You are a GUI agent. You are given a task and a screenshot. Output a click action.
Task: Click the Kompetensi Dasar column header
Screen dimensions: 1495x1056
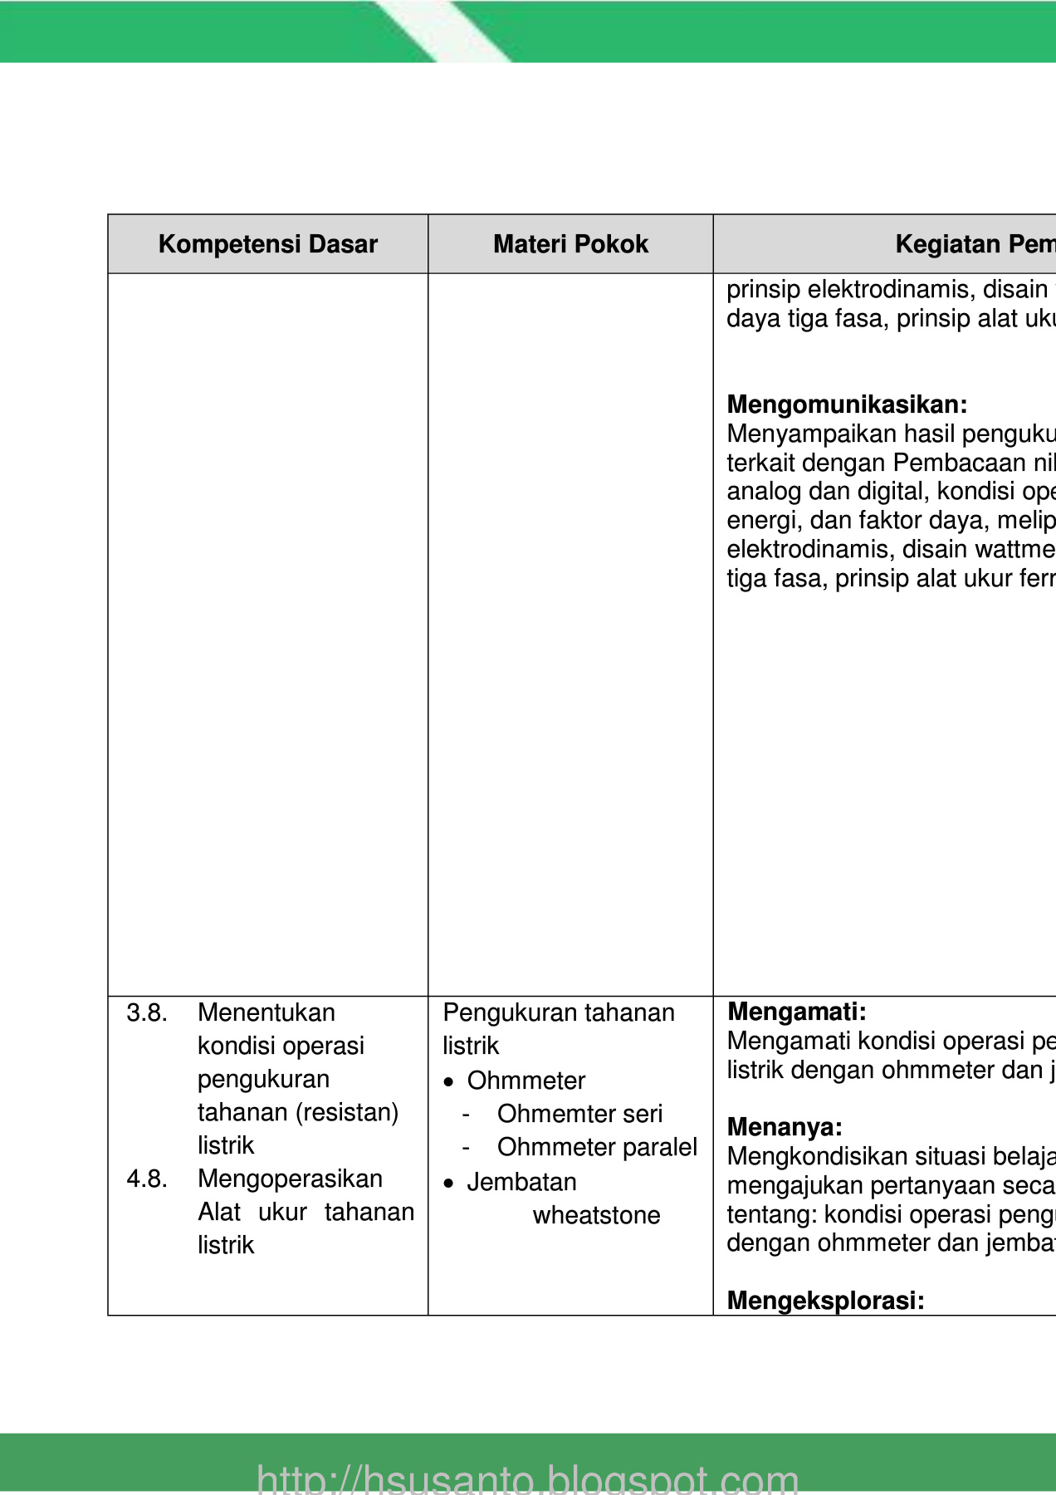pyautogui.click(x=267, y=244)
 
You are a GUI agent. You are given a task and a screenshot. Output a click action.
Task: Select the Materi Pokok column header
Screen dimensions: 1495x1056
pyautogui.click(x=570, y=244)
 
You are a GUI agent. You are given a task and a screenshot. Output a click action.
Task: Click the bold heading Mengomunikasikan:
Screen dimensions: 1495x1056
pyautogui.click(x=847, y=404)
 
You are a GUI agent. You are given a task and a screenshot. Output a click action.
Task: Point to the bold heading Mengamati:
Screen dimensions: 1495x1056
pyautogui.click(x=796, y=1012)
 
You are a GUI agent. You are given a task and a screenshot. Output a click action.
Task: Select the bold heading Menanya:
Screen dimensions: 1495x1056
pyautogui.click(x=785, y=1127)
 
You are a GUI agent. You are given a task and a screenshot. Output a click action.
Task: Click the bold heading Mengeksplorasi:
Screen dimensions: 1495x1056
pyautogui.click(x=825, y=1301)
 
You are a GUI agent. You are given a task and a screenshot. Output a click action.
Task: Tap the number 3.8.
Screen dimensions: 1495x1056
pyautogui.click(x=147, y=1012)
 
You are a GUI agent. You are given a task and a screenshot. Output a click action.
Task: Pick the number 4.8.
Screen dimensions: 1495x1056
pyautogui.click(x=147, y=1179)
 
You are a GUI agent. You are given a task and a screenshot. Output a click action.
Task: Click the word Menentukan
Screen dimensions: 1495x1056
pyautogui.click(x=266, y=1012)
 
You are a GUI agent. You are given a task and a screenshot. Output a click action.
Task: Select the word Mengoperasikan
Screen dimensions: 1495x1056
pyautogui.click(x=290, y=1179)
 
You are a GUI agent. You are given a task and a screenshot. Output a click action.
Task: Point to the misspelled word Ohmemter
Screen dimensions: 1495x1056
pyautogui.click(x=539, y=1114)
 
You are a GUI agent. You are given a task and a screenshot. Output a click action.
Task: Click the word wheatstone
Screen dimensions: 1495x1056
pyautogui.click(x=596, y=1215)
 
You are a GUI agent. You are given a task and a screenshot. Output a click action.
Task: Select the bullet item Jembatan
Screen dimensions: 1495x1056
pyautogui.click(x=521, y=1182)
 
